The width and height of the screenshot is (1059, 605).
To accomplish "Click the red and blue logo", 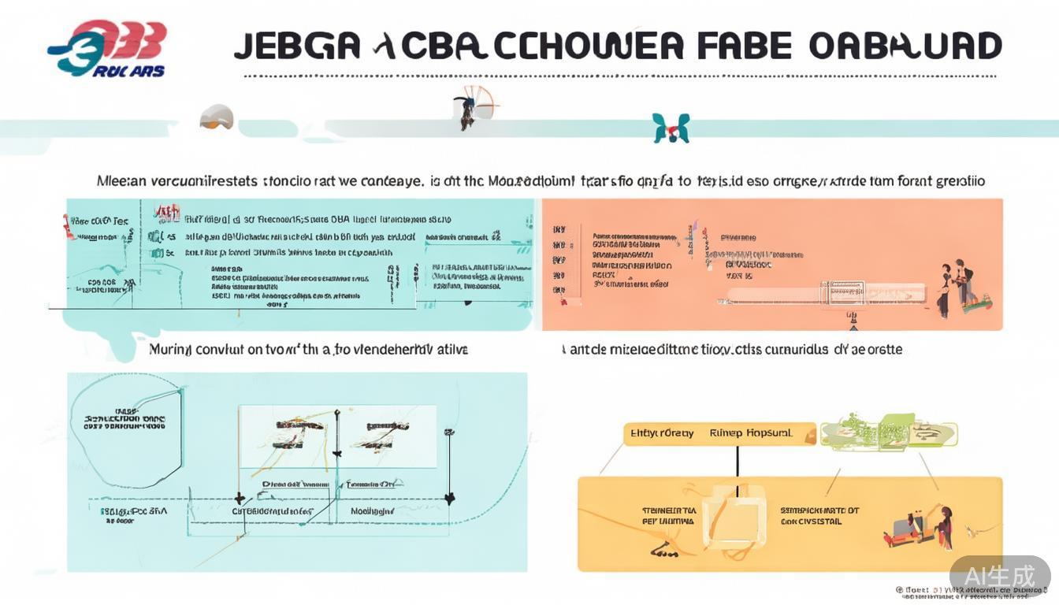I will tap(107, 49).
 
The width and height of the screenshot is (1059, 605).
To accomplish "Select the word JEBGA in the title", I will tap(297, 46).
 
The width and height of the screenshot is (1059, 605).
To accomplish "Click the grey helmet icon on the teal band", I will tap(217, 117).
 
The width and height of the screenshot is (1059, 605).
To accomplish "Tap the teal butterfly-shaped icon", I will tap(671, 128).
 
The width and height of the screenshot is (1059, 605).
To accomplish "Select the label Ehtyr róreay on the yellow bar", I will tap(663, 433).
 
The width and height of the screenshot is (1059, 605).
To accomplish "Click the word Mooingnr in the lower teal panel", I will tap(372, 510).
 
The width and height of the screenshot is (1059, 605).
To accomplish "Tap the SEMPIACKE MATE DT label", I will tap(819, 510).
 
